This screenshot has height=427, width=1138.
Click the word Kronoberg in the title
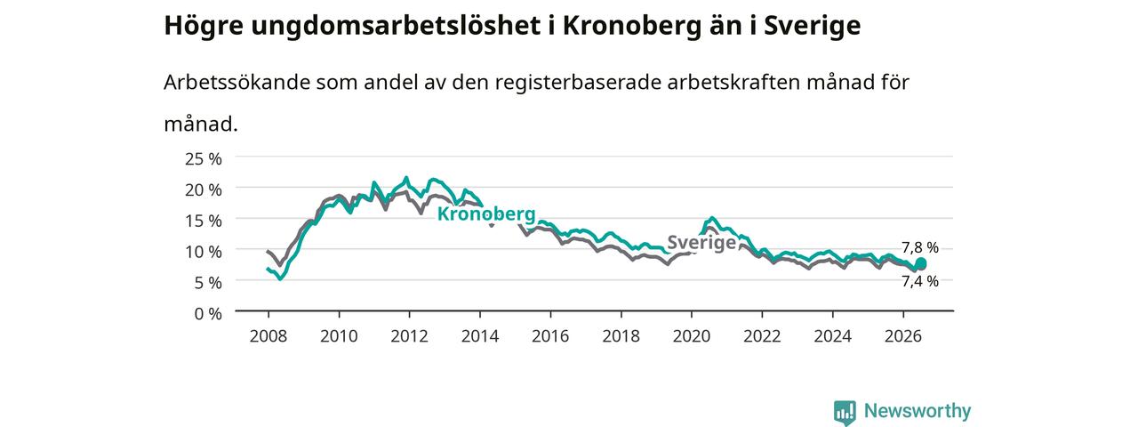632,26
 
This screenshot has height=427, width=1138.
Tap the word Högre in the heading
204,26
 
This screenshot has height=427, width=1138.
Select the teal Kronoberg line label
486,214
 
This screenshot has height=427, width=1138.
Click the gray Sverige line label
701,243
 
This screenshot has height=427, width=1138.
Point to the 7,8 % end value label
920,247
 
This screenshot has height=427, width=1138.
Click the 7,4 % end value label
920,281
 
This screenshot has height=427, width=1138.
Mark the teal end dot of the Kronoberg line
920,263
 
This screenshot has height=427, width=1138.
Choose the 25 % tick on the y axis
204,159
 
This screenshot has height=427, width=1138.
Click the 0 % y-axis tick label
208,314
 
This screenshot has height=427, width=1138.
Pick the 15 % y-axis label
204,221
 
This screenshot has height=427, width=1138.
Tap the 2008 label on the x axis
268,336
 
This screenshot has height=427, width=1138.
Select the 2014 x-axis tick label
480,336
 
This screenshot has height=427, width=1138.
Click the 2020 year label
692,336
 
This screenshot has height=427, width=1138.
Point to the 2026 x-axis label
903,336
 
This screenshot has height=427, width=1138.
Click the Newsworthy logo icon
845,412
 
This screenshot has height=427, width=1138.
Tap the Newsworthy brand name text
918,410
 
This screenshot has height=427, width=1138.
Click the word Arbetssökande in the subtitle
236,83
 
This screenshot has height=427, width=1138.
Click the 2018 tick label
621,336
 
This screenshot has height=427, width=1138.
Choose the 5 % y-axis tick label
208,283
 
